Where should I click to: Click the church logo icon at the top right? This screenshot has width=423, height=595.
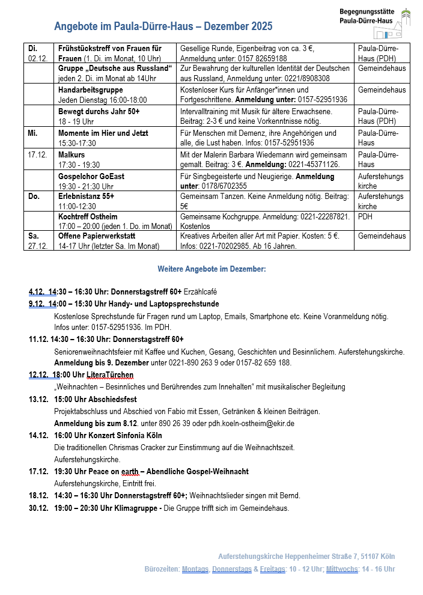point(406,17)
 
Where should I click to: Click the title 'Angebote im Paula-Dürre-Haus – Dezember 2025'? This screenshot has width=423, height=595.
point(163,26)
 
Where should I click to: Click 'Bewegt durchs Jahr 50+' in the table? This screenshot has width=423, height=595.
point(99,111)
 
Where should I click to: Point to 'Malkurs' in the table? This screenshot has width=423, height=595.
point(72,154)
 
